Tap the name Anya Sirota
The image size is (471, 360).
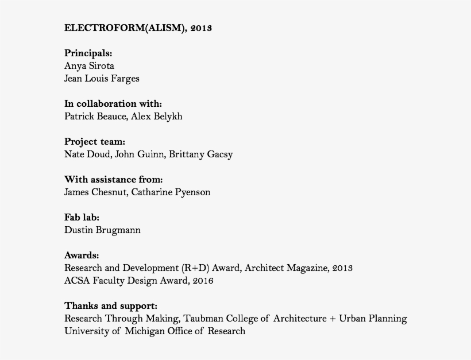click(89, 66)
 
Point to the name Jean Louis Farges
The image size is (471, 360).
click(102, 79)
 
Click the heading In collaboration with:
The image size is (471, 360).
click(113, 104)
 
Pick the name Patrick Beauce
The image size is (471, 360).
click(95, 117)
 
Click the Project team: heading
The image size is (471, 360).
click(95, 142)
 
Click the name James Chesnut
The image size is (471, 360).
click(95, 192)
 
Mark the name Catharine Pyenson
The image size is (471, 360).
click(171, 192)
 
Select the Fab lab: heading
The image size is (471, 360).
click(82, 218)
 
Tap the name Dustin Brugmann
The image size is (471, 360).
click(102, 230)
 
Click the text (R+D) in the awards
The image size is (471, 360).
click(197, 268)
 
